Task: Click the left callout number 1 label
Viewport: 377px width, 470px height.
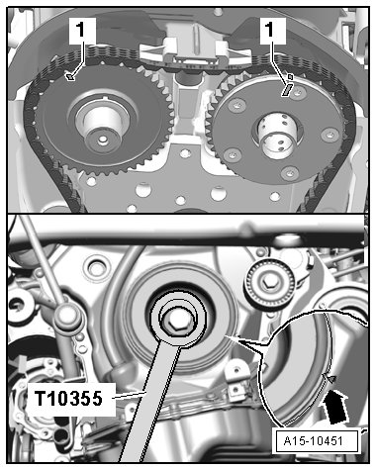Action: (82, 31)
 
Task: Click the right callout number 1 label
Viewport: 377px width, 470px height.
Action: (272, 31)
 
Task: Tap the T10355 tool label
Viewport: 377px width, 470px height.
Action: (69, 399)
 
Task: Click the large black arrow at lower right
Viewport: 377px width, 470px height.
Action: (335, 407)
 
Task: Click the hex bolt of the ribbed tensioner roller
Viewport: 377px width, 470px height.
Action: (267, 283)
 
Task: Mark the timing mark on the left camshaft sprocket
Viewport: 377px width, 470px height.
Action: (69, 77)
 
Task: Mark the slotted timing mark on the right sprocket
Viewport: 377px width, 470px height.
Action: (286, 90)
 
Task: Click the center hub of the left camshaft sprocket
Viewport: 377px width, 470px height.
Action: (102, 129)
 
